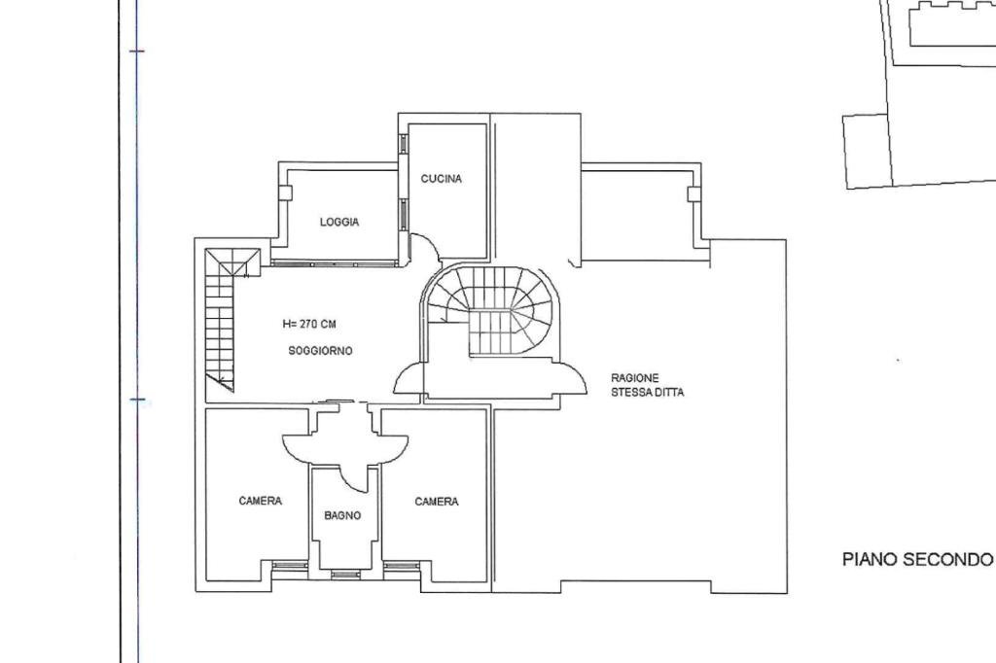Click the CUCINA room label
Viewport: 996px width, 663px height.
441,179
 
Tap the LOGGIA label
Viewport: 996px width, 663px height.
339,223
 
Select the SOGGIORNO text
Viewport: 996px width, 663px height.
320,350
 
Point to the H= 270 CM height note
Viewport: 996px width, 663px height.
309,324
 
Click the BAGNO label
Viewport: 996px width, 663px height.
342,516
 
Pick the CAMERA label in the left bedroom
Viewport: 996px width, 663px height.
261,502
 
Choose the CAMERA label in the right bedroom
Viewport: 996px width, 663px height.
437,503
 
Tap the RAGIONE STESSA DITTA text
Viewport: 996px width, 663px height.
647,385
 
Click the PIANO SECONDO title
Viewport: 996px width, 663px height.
917,559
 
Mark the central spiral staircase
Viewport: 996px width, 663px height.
493,311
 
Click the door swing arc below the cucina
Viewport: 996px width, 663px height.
424,248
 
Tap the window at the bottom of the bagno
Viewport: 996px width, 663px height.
345,574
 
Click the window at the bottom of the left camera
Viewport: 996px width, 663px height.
289,565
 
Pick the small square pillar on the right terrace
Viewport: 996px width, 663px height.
694,193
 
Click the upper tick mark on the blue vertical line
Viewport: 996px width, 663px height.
136,50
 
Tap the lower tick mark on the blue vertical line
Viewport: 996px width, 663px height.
136,400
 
